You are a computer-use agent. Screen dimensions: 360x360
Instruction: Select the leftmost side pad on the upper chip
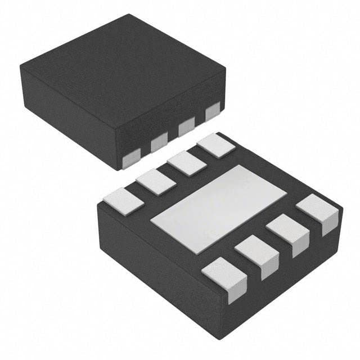(x=130, y=159)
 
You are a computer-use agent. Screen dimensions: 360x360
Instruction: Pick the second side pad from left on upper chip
(x=159, y=145)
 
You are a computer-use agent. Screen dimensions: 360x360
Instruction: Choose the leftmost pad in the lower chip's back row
(x=120, y=201)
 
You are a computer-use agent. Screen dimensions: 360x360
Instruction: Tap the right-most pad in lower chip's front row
(x=318, y=212)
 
